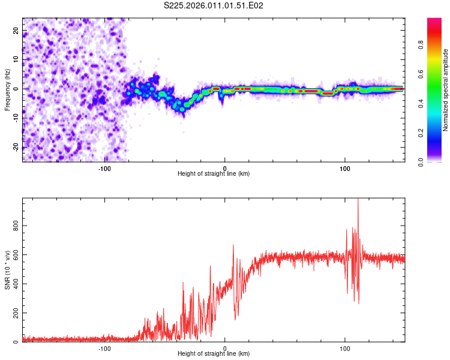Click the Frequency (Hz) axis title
coord(7,89)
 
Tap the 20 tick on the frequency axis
coord(17,30)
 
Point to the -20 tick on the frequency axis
coord(16,147)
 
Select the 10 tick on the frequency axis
coord(17,59)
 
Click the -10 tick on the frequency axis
coord(16,118)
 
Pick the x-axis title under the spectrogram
coord(214,173)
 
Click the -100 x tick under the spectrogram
coord(105,168)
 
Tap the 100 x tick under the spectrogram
coord(345,168)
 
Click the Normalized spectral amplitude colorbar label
coord(446,89)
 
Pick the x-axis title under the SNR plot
coord(214,354)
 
